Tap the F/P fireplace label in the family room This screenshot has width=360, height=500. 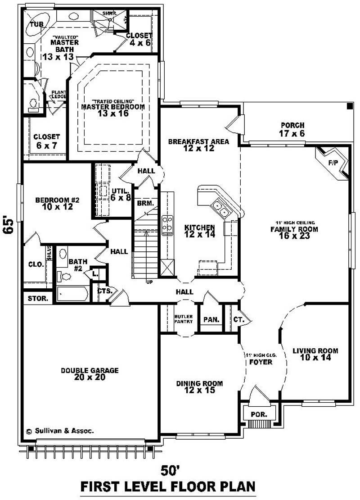333,162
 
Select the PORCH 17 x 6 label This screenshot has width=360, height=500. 292,129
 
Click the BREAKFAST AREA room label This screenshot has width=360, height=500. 198,145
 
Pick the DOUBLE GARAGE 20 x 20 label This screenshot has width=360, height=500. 90,374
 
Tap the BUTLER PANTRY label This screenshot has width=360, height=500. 183,319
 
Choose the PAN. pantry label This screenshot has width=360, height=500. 211,319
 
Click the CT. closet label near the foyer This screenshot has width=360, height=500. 238,319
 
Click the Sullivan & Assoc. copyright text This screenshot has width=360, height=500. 60,431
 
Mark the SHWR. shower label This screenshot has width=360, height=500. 108,14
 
